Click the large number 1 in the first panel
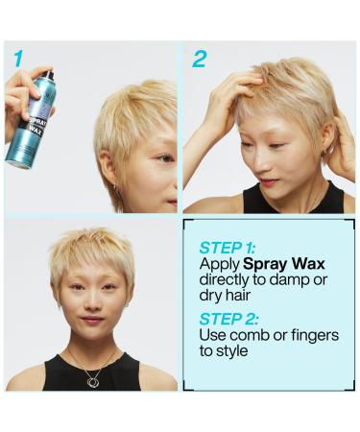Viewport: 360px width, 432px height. [18, 59]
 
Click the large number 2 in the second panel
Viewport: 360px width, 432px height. [199, 59]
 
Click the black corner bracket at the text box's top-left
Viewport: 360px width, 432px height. [189, 227]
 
